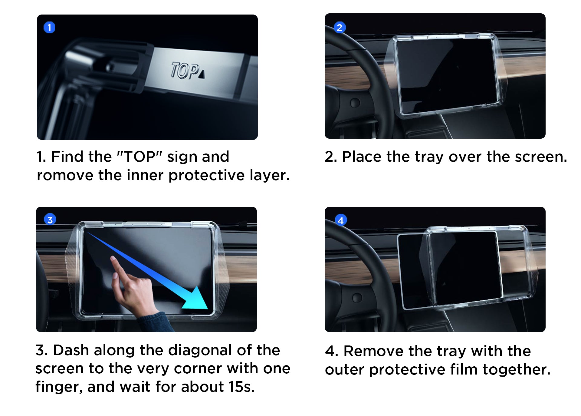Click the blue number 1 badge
click(49, 28)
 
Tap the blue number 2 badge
click(340, 28)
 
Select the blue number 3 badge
click(50, 220)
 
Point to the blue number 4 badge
click(341, 220)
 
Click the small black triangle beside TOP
click(202, 74)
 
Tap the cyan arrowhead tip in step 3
click(208, 309)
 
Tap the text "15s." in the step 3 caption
click(241, 387)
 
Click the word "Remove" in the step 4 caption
click(374, 352)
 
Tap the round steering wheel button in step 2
click(355, 103)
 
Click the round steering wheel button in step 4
click(357, 298)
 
